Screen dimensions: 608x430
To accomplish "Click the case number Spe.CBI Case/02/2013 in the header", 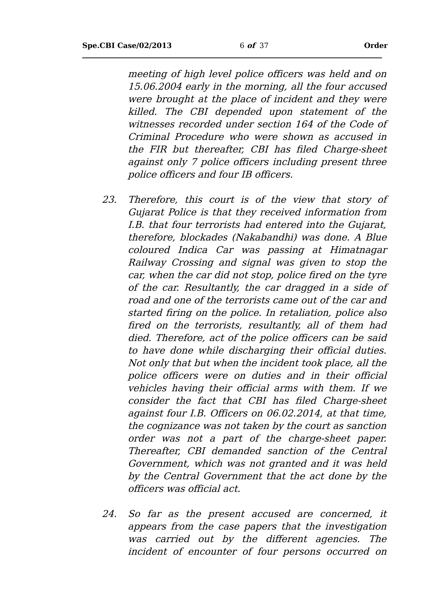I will click(x=127, y=46).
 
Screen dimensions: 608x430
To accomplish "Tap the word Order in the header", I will click(x=375, y=46).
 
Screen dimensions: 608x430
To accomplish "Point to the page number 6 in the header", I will click(x=242, y=46).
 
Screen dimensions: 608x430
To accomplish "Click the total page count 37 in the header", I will click(x=264, y=46).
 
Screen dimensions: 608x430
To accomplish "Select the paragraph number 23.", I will click(x=109, y=200).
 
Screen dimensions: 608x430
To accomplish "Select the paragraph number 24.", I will click(x=109, y=514).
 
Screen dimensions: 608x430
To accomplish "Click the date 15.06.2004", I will click(x=155, y=87).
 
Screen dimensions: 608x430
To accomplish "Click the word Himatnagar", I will click(x=358, y=250).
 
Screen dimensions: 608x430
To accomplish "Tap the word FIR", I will click(x=158, y=149).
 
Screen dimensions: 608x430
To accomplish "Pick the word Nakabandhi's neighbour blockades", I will click(x=204, y=237).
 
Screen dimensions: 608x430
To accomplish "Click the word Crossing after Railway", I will click(x=193, y=263).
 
